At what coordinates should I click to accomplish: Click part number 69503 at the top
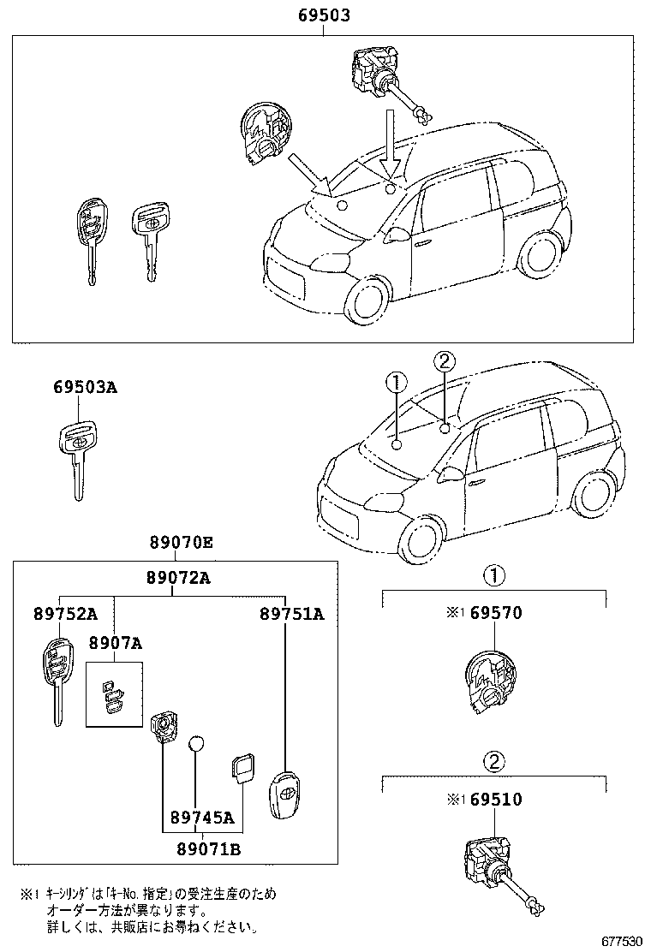tap(324, 16)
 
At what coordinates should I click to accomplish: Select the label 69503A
tap(86, 388)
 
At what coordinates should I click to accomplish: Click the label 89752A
tap(66, 614)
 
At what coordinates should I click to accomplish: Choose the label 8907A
tap(114, 643)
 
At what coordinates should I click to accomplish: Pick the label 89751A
tap(293, 614)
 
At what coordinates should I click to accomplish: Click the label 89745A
tap(201, 817)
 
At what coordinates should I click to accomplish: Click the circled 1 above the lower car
tap(397, 382)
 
